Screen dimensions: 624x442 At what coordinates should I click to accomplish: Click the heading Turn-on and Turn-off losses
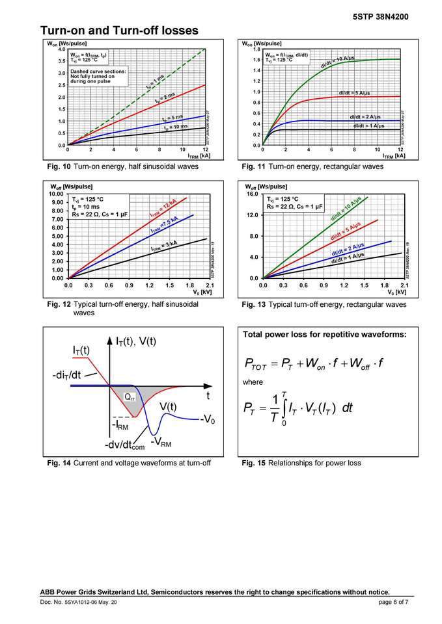click(x=119, y=31)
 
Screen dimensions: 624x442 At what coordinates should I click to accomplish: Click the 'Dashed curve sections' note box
click(x=95, y=76)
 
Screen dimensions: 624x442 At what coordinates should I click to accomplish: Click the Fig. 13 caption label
click(x=253, y=304)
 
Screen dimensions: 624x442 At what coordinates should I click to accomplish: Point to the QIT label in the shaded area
click(x=130, y=396)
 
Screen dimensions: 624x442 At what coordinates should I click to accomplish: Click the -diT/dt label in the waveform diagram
click(x=68, y=376)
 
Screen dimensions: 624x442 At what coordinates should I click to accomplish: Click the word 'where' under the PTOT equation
click(x=253, y=382)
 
